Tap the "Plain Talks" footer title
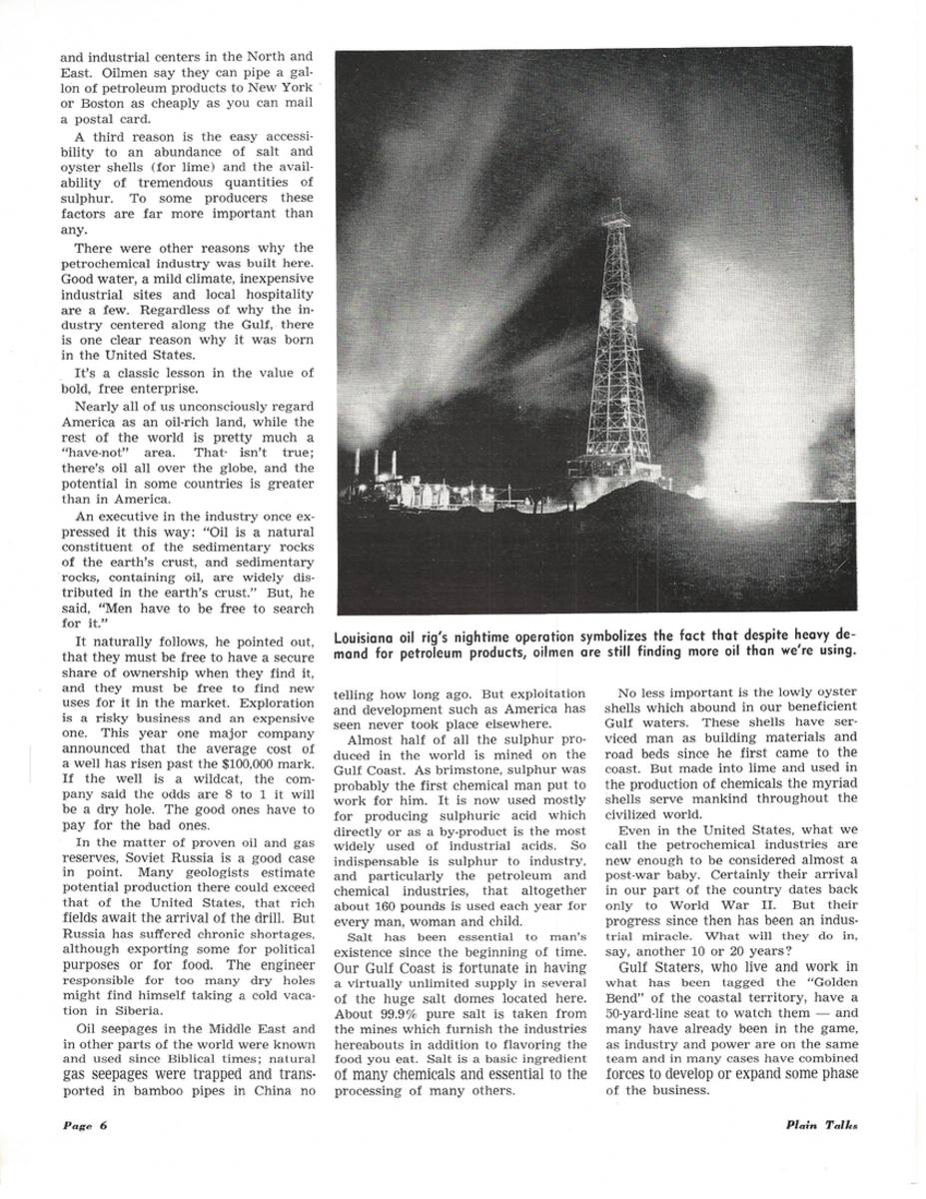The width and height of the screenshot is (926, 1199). pyautogui.click(x=822, y=1123)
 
